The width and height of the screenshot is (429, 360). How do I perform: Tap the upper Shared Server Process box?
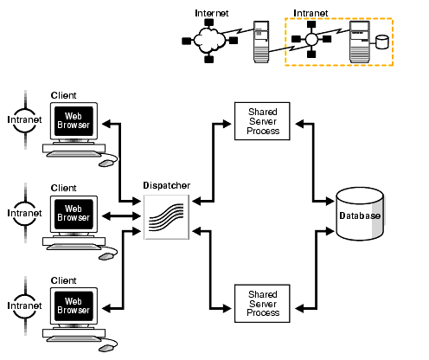(262, 119)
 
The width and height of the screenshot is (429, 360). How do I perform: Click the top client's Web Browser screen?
(74, 119)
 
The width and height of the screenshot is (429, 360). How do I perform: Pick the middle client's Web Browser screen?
(74, 212)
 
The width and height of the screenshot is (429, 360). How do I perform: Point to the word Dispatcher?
(166, 185)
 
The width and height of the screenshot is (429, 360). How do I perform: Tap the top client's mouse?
(106, 161)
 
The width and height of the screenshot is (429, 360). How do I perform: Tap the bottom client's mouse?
(106, 348)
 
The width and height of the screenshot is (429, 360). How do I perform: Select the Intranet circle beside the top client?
(23, 118)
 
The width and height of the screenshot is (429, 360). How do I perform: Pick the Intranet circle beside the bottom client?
(23, 305)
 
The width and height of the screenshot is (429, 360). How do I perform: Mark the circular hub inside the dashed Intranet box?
(311, 40)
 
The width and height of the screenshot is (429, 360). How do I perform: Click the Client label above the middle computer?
(64, 187)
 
